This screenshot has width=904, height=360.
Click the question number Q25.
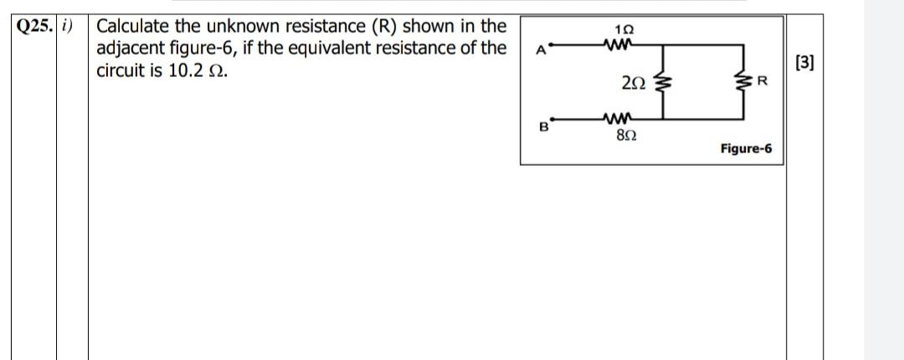(x=34, y=24)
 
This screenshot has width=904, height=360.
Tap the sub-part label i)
(x=71, y=24)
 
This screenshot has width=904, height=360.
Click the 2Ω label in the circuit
(x=633, y=81)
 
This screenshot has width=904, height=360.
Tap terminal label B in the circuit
(x=542, y=127)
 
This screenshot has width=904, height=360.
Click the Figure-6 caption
(x=746, y=149)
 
